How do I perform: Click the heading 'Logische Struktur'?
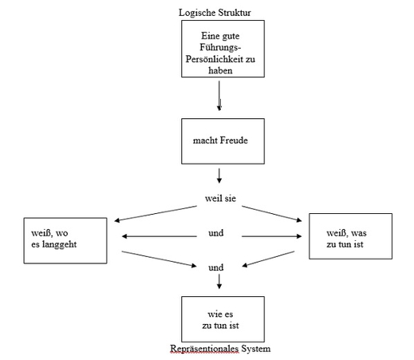215,13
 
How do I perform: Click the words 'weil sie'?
220,198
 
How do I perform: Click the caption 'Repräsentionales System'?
220,348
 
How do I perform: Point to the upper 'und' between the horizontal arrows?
216,233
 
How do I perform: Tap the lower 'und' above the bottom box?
216,267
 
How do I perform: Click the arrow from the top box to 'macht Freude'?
219,96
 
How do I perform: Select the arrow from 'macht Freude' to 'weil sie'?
219,176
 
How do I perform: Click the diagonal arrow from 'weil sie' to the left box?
156,213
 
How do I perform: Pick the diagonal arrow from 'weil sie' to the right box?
272,213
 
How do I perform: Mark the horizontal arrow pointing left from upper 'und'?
160,236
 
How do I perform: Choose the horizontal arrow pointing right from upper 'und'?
272,236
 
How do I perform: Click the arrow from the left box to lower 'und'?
159,259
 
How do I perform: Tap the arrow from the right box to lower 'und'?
268,259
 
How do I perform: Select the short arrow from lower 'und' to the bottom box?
219,282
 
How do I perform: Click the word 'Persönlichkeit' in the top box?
215,59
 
